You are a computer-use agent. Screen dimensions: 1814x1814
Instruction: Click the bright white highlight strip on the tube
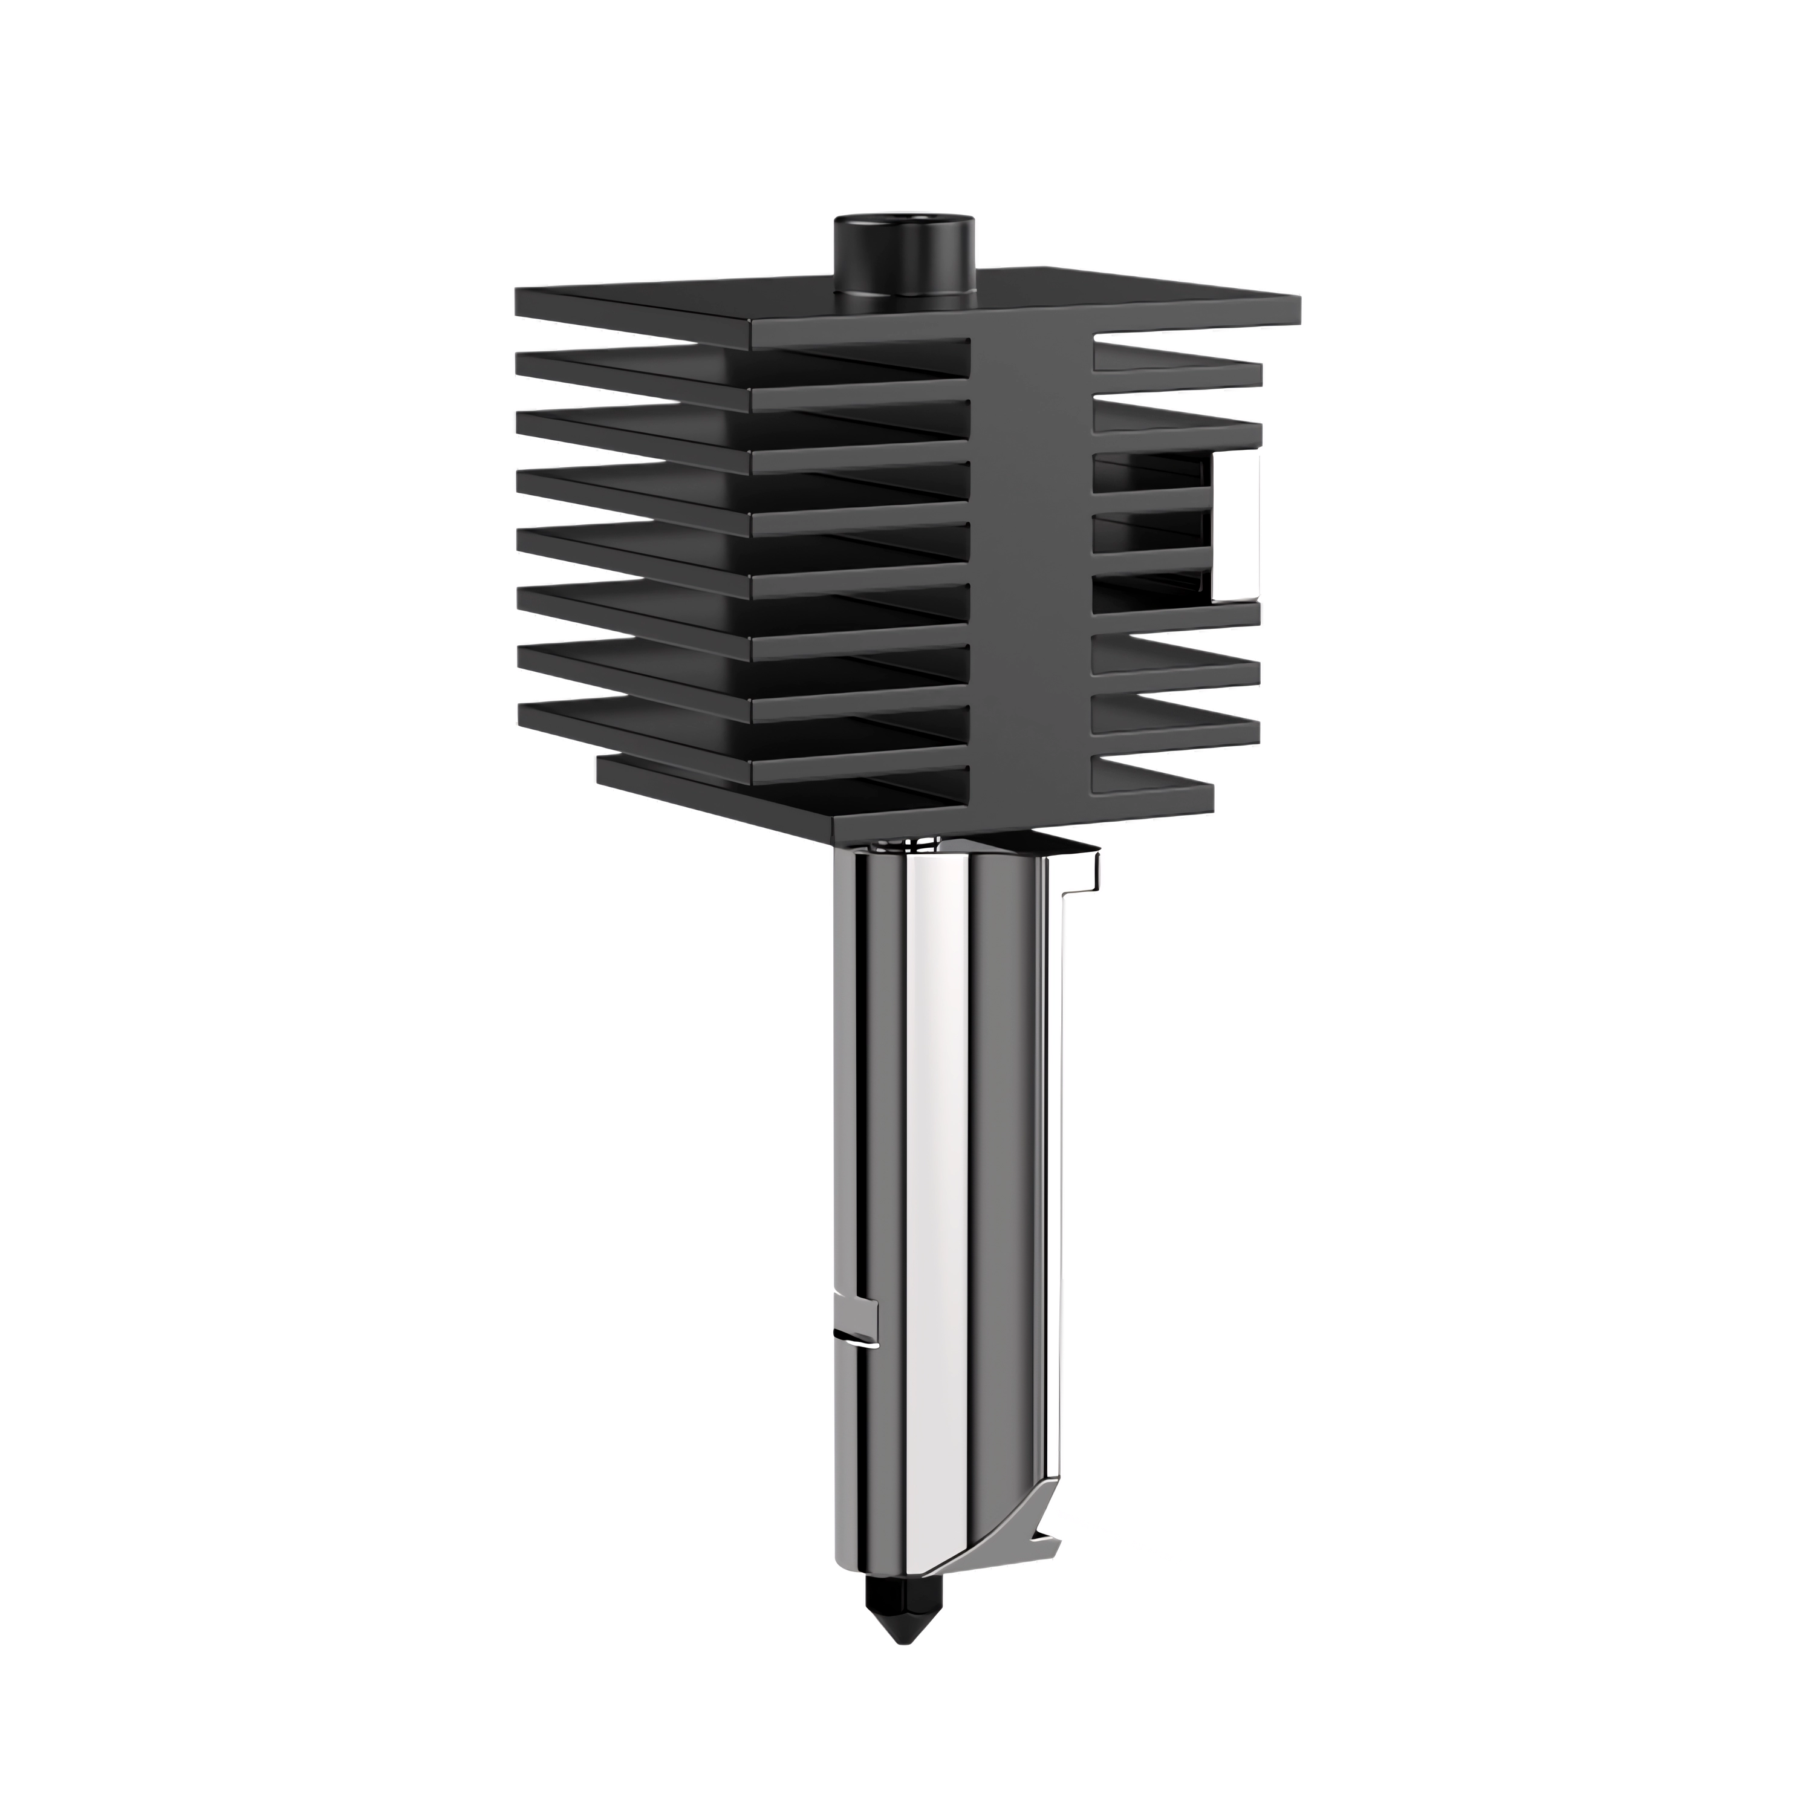point(934,1221)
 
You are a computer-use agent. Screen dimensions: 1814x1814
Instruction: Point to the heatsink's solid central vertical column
point(1030,564)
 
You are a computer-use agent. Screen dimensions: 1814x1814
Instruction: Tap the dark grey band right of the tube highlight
point(1004,1221)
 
